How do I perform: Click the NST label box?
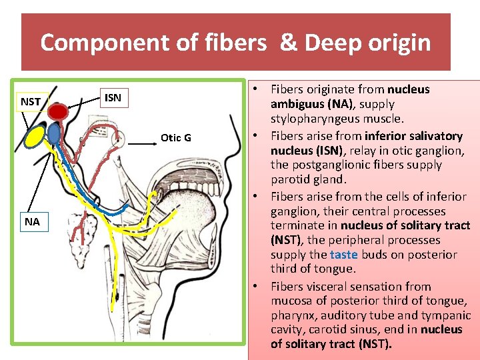31,101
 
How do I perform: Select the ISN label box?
113,98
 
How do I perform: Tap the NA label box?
32,221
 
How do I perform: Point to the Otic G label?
176,137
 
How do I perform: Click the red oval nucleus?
61,111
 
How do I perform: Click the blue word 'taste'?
343,255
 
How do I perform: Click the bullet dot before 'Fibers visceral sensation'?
257,287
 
